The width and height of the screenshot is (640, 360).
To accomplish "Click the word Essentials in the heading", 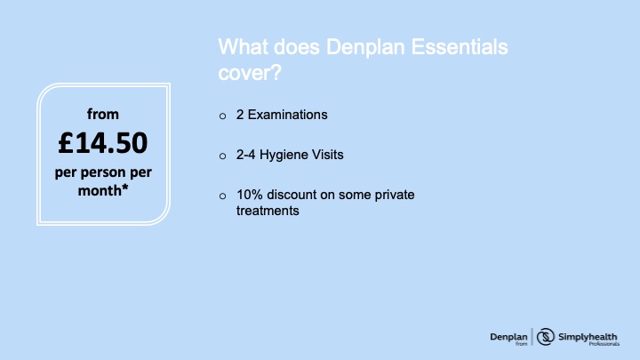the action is click(460, 46).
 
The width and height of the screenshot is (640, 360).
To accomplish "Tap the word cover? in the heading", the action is click(250, 73).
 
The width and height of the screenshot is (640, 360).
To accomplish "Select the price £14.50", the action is click(103, 143).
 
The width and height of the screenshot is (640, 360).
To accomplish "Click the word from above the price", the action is click(103, 114).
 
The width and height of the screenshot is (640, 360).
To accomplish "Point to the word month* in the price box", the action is click(103, 190).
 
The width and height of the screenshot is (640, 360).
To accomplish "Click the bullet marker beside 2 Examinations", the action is click(222, 116).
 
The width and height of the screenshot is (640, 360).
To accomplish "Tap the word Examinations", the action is click(288, 115).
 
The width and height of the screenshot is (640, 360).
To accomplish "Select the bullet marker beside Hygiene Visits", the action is click(222, 156).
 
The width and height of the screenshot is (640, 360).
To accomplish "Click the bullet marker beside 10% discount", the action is click(222, 196).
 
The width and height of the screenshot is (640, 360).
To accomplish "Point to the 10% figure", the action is click(250, 195).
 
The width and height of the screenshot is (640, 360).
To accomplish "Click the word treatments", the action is click(268, 211).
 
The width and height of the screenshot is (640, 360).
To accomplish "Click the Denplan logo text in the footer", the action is click(508, 337).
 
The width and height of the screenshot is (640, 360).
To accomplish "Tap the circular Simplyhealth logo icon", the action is click(545, 337).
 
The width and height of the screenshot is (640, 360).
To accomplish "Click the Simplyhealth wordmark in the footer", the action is click(588, 337).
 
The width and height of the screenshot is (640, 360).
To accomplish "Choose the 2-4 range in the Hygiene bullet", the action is click(245, 155).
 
